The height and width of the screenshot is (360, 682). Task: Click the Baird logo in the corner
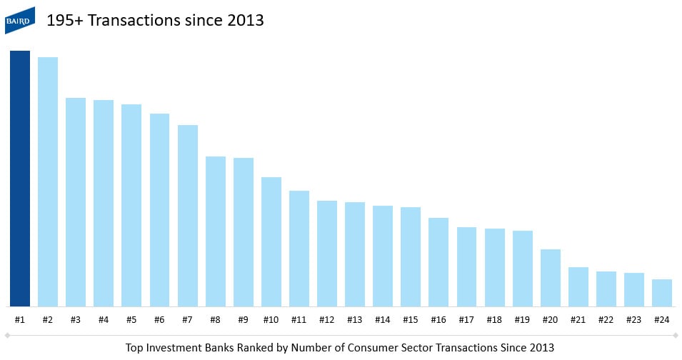click(20, 20)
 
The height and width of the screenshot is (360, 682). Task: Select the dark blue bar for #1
click(20, 179)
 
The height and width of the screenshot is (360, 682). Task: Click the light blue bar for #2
click(48, 181)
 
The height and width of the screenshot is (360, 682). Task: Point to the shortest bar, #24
click(662, 292)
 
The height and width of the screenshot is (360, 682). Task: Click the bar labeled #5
click(131, 205)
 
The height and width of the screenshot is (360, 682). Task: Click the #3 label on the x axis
click(76, 319)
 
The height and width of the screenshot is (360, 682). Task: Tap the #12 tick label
click(327, 319)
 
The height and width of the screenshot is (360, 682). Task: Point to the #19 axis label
click(523, 319)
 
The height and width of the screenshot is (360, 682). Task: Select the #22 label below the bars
click(606, 319)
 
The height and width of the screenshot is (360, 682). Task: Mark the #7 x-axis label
click(188, 319)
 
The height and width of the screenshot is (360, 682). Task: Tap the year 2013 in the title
click(246, 21)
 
